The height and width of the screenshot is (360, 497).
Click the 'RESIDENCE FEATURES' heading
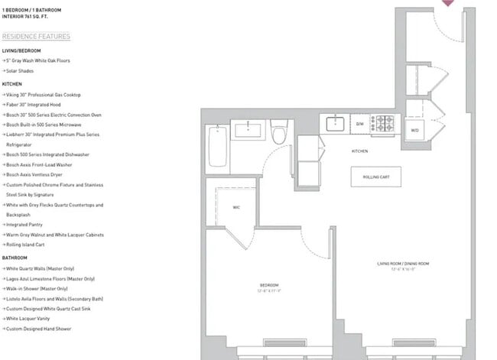pos(36,37)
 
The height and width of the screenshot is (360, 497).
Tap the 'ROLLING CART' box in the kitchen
pos(375,177)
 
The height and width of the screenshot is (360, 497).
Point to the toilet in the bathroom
pos(278,135)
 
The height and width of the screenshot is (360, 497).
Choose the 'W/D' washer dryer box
pos(414,128)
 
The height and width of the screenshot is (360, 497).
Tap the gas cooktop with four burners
pos(383,123)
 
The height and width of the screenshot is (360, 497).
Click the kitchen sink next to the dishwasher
pos(336,122)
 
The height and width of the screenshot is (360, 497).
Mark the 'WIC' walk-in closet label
pos(236,208)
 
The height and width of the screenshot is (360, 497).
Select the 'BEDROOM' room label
pos(269,284)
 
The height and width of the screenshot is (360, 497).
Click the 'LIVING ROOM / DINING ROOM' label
pos(403,264)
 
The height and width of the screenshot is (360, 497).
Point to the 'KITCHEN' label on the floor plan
pos(359,151)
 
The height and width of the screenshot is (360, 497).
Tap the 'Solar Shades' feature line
pos(21,70)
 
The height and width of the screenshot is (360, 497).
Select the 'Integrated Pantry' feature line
pos(28,225)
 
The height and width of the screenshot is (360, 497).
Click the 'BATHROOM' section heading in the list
pos(15,258)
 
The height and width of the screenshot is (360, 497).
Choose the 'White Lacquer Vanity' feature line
pos(31,318)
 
